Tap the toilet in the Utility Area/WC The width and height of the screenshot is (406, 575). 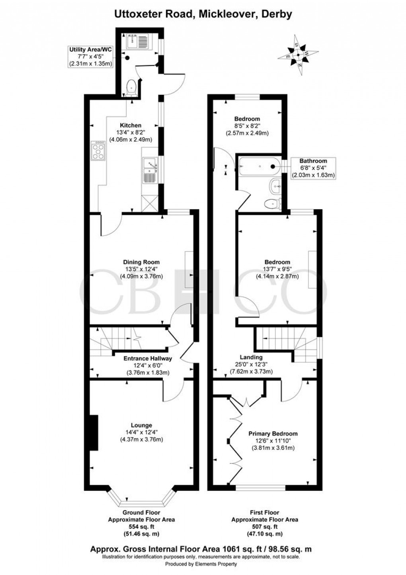[x=131, y=87]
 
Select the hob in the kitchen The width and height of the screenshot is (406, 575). [x=98, y=151]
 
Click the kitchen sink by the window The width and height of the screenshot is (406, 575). [x=150, y=171]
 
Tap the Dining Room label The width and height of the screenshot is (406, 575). [x=141, y=262]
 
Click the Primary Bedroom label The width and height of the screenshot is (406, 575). [x=273, y=434]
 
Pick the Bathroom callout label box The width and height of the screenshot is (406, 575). [x=313, y=168]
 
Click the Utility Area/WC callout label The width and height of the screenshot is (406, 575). [x=90, y=56]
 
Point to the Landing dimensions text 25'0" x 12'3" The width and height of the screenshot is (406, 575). [x=251, y=364]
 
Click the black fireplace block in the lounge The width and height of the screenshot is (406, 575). [x=93, y=432]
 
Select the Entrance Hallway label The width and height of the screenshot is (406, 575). [x=141, y=358]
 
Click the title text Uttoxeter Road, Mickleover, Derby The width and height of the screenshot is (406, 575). [x=203, y=14]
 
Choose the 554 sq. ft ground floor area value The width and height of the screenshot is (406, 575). [x=141, y=526]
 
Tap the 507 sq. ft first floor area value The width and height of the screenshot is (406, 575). [x=265, y=526]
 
